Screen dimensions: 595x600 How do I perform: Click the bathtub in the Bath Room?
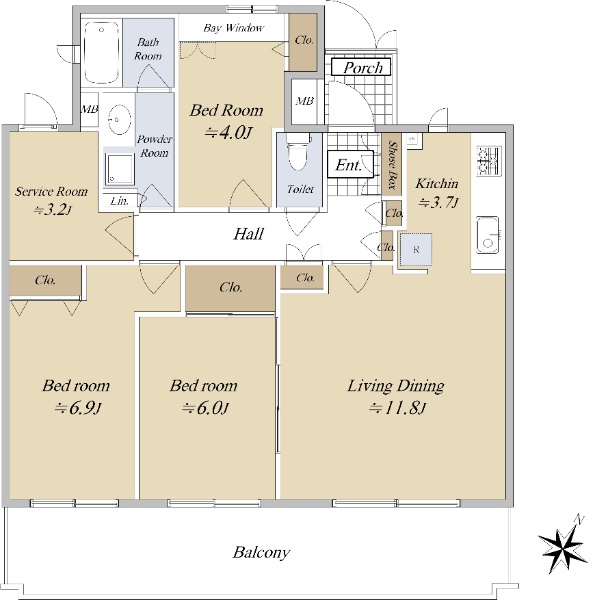[101, 52]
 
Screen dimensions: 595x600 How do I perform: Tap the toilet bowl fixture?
[298, 152]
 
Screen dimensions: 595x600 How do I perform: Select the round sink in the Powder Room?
[119, 119]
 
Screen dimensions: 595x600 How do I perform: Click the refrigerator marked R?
[416, 249]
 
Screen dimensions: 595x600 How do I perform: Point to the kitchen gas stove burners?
[489, 161]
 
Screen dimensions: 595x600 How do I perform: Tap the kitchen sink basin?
[487, 235]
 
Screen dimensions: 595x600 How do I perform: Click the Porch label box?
[361, 67]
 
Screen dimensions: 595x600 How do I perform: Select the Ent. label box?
[350, 165]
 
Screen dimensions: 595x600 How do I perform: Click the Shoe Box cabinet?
[392, 164]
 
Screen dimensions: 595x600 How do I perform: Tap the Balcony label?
[261, 553]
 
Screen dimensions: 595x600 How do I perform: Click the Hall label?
[249, 234]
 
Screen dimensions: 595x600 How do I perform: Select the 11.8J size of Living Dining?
[397, 409]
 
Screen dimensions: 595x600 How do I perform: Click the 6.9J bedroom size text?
[77, 409]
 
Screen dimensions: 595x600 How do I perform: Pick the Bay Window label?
[233, 28]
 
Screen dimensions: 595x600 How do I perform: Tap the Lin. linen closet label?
[119, 201]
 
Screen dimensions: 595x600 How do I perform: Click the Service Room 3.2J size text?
[52, 210]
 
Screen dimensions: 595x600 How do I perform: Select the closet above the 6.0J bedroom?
[230, 288]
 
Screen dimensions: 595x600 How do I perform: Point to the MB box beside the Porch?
[304, 101]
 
